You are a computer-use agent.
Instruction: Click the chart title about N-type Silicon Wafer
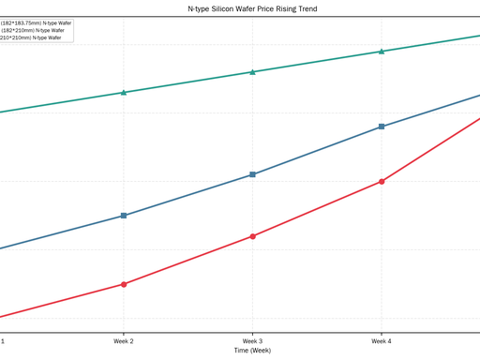tap(252, 8)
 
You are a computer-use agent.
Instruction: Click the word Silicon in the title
tap(222, 8)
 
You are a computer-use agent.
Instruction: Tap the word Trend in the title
tap(307, 8)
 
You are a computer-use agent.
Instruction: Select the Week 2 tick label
tap(124, 341)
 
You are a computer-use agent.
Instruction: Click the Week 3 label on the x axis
tap(252, 341)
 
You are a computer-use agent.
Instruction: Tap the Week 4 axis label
tap(382, 341)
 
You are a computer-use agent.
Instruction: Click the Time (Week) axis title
tap(252, 351)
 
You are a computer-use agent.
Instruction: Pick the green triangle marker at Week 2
tap(124, 92)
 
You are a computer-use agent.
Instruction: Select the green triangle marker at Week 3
tap(252, 72)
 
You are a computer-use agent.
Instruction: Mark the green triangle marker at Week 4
tap(382, 52)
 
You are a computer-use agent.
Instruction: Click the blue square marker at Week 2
tap(124, 216)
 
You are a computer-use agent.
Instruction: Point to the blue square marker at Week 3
tap(252, 174)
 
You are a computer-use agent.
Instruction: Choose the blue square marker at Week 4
tap(382, 127)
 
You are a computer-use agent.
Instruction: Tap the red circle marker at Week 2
tap(124, 284)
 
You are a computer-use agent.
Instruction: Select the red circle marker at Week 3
tap(252, 236)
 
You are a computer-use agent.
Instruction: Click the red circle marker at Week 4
tap(382, 181)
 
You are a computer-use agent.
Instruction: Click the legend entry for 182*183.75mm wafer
tap(36, 23)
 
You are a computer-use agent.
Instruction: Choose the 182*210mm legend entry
tap(32, 30)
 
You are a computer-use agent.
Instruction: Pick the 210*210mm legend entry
tap(31, 37)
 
